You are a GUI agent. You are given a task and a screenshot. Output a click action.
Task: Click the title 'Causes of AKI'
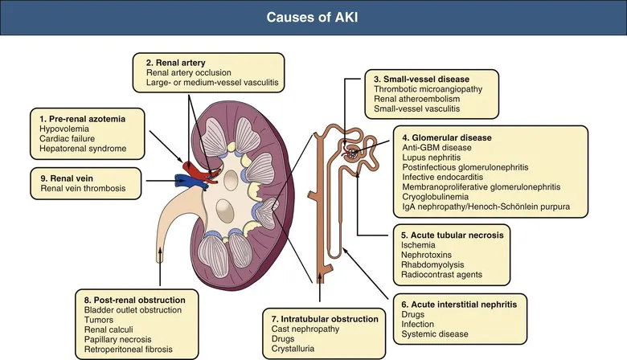pyautogui.click(x=313, y=18)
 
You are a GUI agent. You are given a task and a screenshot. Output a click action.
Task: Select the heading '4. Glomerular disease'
pyautogui.click(x=446, y=137)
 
